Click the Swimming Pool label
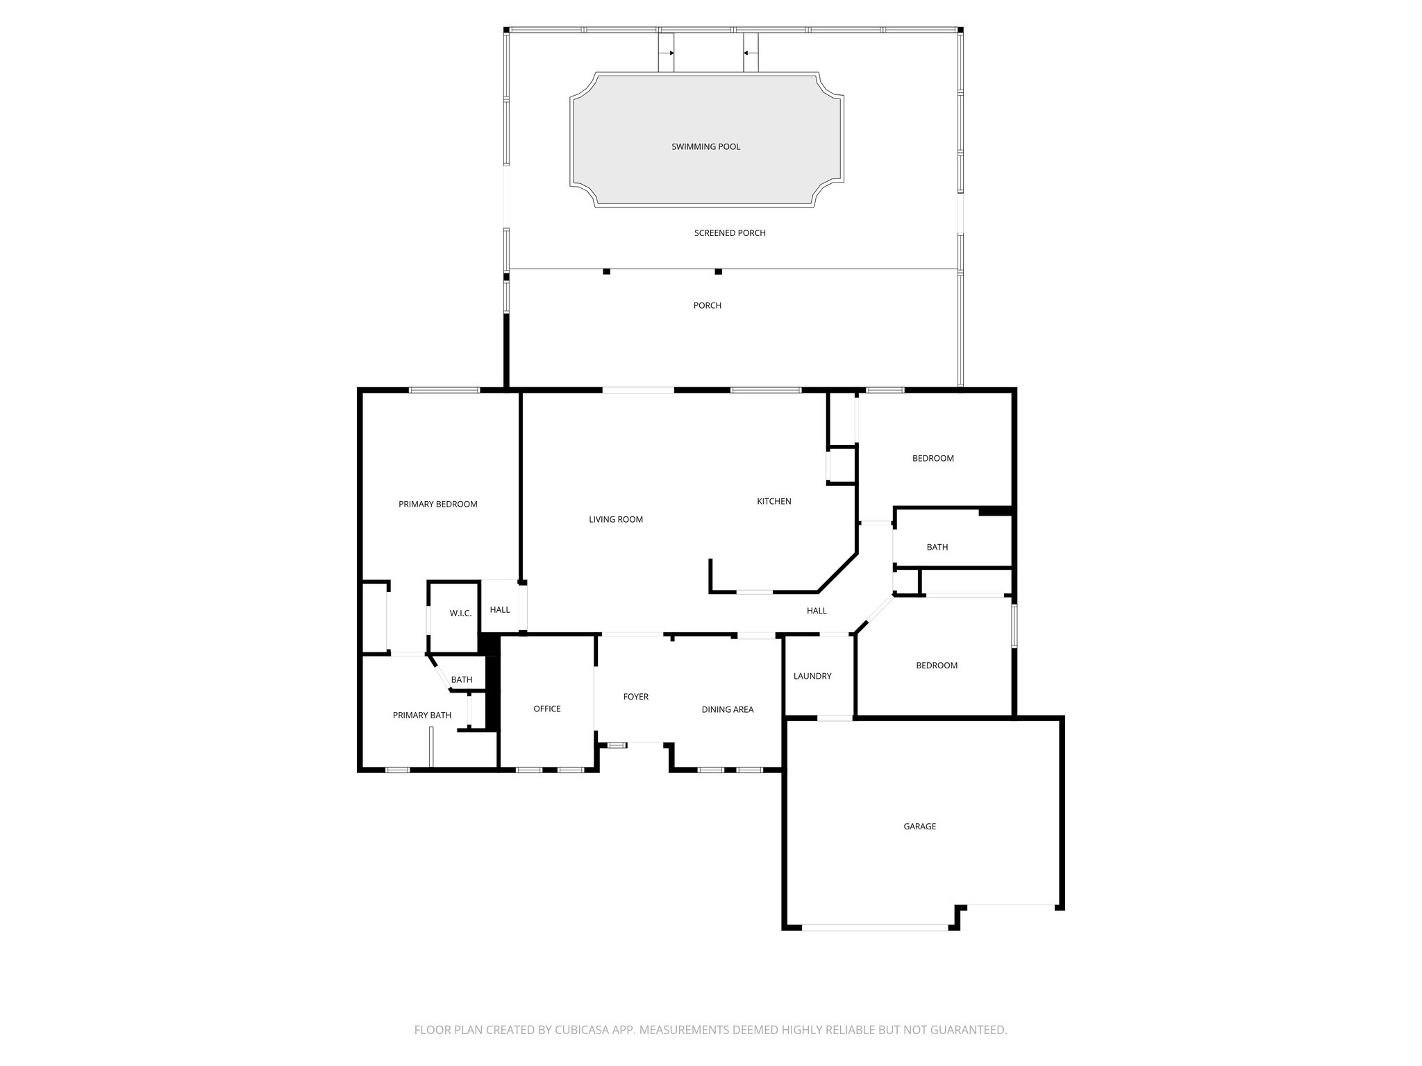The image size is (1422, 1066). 705,146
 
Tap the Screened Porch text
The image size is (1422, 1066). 730,233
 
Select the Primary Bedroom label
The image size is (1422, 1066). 437,505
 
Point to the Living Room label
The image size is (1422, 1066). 616,520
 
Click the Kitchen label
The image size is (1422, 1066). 773,502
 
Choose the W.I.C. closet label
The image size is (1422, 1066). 460,614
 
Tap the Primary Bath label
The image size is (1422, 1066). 422,716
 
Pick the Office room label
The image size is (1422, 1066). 547,709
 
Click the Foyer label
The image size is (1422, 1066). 635,697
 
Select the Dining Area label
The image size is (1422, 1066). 727,710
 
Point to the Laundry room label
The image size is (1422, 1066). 812,677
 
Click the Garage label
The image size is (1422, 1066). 919,827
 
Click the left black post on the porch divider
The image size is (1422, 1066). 606,271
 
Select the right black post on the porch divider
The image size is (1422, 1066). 719,271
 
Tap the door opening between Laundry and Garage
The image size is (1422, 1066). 835,718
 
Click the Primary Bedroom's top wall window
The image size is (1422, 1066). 444,391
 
